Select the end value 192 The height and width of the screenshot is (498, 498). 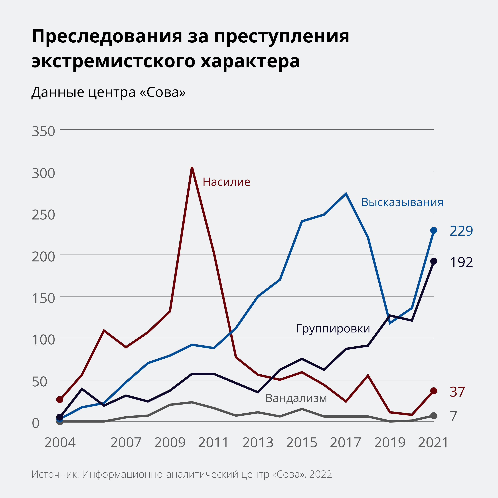[461, 262]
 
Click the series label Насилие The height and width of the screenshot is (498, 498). [226, 182]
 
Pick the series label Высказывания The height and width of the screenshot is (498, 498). [402, 202]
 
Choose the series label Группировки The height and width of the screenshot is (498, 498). [333, 329]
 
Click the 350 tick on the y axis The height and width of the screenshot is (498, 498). [43, 131]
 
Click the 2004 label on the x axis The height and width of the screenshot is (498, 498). [60, 443]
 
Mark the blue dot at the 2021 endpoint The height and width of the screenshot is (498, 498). [434, 230]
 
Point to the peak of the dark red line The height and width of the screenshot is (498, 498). [192, 168]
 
